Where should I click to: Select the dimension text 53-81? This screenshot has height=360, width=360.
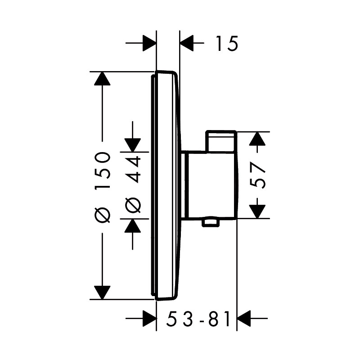point(198,319)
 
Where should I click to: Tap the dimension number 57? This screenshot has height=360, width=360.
point(257,175)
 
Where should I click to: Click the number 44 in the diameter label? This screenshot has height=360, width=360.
point(132,170)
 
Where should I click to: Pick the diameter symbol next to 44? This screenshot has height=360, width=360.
point(132,205)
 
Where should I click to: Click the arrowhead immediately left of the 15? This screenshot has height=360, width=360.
point(187,43)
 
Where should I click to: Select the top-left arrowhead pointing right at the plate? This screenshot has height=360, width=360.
point(149,43)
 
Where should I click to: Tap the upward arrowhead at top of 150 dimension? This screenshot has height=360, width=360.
point(102,78)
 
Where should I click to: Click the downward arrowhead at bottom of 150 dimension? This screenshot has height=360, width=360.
point(102,293)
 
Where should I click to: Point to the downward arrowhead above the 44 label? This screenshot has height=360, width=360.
point(132,145)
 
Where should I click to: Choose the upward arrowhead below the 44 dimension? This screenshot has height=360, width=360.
point(132,226)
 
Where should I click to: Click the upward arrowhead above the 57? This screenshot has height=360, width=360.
point(257,139)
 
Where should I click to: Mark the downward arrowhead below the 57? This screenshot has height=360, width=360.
point(257,211)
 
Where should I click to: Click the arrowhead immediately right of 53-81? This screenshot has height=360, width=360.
point(244,319)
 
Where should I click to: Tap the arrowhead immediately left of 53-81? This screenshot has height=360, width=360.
point(149,319)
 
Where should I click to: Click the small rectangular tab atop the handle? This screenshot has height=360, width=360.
point(221,141)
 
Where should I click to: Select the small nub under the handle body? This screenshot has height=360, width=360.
point(210,223)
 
